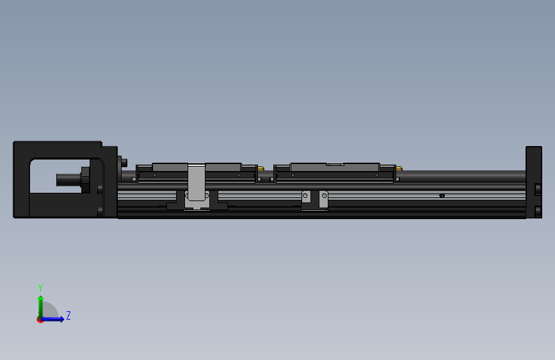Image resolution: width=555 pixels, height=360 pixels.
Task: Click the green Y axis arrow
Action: coord(40,304)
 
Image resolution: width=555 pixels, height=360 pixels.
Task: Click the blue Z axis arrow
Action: coord(56,319)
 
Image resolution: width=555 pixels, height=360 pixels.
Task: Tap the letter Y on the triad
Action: coord(40,288)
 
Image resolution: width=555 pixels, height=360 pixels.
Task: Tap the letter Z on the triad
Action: coord(68,316)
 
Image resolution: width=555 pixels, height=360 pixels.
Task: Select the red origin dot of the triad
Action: coord(40,320)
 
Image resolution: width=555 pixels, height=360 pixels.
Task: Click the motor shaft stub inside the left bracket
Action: coord(67,179)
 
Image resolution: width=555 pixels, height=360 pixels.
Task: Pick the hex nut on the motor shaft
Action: coord(84,179)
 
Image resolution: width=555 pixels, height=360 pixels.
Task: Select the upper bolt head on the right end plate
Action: coord(538,189)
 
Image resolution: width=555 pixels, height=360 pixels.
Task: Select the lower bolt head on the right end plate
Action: coord(538,210)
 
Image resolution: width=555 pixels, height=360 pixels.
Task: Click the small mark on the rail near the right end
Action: coord(442,195)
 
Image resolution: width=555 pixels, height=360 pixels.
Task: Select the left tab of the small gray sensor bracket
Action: coord(307,199)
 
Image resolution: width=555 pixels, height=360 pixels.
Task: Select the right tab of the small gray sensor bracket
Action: coord(323,199)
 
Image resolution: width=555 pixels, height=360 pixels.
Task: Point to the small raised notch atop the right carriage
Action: coord(335,164)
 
